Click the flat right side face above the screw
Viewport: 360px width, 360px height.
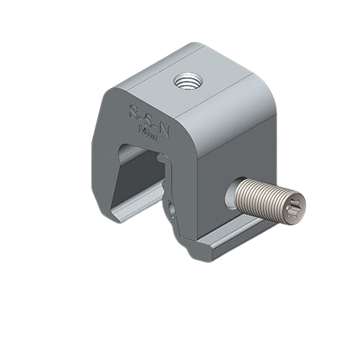point(230,144)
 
